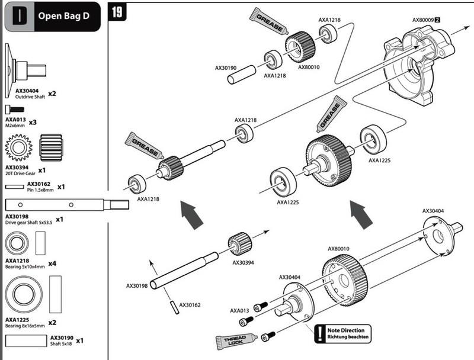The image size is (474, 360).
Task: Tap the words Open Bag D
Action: tap(64, 16)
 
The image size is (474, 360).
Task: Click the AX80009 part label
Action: tap(423, 20)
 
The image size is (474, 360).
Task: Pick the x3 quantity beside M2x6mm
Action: tap(33, 122)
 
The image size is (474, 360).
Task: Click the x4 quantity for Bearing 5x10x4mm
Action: tap(52, 263)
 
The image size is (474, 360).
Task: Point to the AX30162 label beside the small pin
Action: tap(190, 304)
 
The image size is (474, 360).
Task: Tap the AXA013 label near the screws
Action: tap(239, 310)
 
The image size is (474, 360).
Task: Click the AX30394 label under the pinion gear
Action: tap(244, 262)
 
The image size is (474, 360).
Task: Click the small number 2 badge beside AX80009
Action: tap(438, 20)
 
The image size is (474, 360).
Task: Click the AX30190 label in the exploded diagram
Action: tap(226, 68)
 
